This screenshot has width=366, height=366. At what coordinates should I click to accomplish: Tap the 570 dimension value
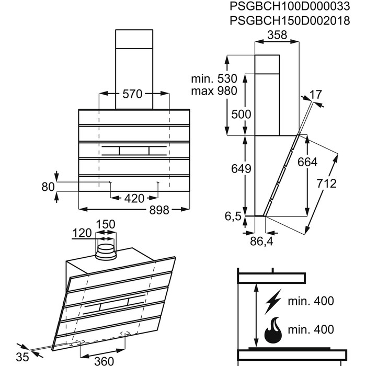tap(132, 95)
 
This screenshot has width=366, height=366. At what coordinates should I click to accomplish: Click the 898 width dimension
tap(159, 210)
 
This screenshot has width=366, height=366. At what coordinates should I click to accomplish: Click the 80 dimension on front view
tap(48, 186)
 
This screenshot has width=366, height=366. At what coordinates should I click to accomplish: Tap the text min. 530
tap(213, 78)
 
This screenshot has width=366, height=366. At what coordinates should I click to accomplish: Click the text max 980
tap(213, 90)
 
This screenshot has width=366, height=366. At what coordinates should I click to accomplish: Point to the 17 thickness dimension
tap(315, 95)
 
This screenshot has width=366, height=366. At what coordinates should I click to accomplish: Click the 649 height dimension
tap(242, 169)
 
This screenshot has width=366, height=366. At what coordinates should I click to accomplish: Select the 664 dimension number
tap(307, 162)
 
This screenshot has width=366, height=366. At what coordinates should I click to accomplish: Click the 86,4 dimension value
tap(262, 242)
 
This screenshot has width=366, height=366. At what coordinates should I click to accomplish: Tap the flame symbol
tap(273, 330)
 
